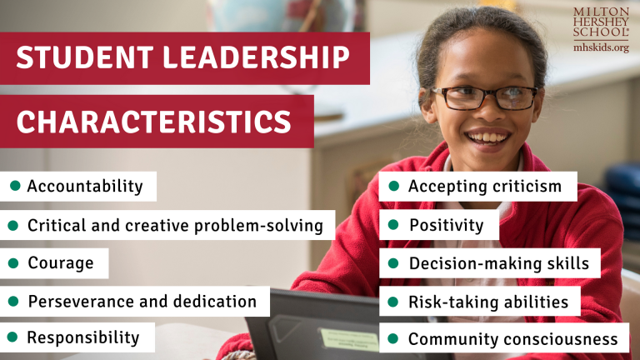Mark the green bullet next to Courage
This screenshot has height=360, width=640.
click(13, 263)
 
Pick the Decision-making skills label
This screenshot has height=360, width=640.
click(498, 263)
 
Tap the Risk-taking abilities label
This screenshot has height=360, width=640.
click(488, 301)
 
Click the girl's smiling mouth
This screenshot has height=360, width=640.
click(487, 135)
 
